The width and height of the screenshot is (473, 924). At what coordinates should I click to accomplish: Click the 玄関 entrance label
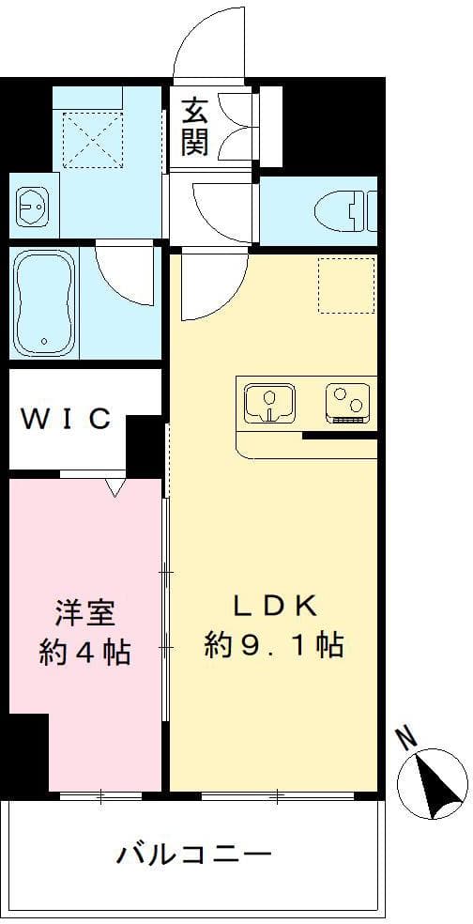pos(196,126)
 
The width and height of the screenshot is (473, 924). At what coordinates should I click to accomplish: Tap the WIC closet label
pos(67,419)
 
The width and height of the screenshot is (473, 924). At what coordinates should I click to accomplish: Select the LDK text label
pos(273,605)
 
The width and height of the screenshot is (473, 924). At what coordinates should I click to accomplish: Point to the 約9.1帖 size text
pos(273,645)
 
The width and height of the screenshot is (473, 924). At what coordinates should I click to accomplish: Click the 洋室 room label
pos(84,613)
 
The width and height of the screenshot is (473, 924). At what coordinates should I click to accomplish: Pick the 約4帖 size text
pos(84,652)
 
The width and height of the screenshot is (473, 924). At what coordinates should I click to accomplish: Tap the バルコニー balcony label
pos(194,855)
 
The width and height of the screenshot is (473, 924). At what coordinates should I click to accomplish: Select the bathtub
pos(44,301)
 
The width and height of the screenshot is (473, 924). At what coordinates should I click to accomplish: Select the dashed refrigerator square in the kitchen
pos(345,285)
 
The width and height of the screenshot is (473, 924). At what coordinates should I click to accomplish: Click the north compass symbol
pos(432,781)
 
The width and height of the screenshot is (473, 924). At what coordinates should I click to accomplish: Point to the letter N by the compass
pos(406,739)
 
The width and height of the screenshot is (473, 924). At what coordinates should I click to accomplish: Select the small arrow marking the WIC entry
pos(114,487)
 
